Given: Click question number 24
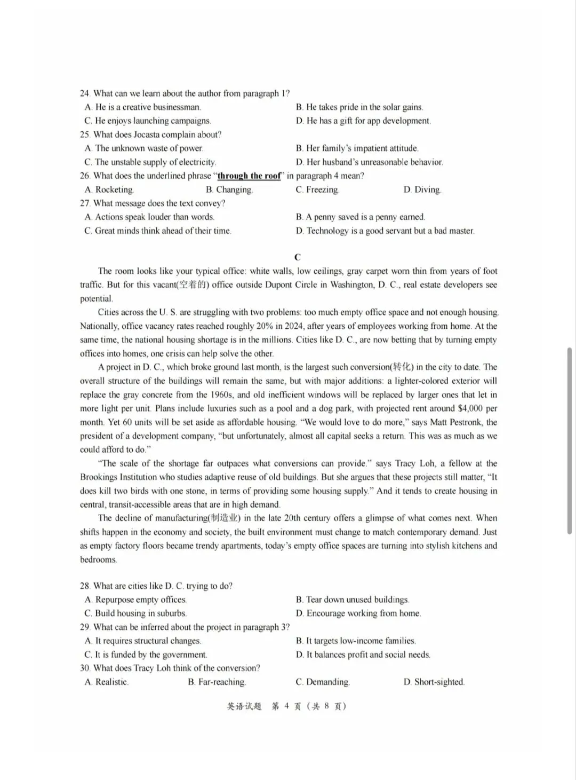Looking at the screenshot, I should click(85, 93).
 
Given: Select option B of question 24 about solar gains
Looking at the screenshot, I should click(359, 107).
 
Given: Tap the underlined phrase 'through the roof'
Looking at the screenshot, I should click(249, 176).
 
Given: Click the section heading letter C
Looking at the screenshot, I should click(297, 257).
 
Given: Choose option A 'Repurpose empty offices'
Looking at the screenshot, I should click(135, 600).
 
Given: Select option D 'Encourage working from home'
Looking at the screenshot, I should click(358, 613).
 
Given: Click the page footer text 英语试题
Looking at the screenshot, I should click(244, 706).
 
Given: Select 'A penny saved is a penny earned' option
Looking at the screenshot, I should click(361, 217).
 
